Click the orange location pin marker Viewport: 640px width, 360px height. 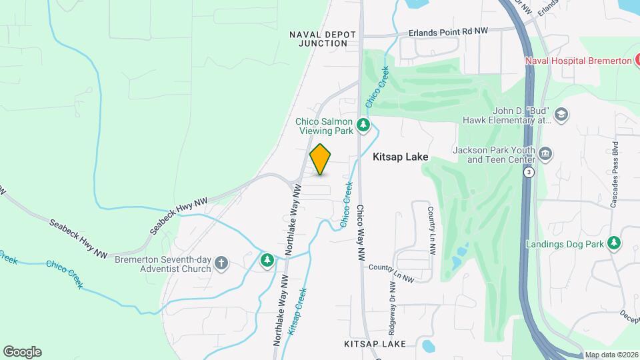tap(321, 159)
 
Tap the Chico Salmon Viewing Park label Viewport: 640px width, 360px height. tap(324, 126)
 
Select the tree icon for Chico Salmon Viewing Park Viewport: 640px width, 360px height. tap(363, 125)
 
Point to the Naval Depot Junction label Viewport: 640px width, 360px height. tap(323, 38)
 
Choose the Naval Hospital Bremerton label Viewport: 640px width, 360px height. tap(578, 61)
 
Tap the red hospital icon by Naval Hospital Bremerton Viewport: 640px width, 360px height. tap(638, 61)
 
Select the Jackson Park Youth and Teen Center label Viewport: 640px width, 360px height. tap(493, 155)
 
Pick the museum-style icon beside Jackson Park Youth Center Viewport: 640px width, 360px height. tap(545, 155)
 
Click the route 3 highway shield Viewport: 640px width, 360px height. tap(528, 172)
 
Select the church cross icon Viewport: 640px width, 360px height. tap(222, 264)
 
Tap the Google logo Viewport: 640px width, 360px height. tap(22, 352)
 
